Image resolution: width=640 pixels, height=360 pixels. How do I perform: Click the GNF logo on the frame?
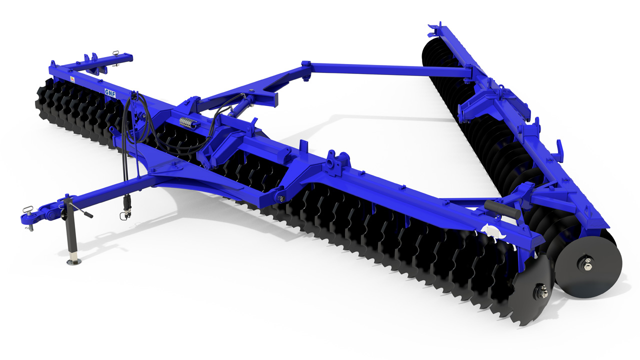110,91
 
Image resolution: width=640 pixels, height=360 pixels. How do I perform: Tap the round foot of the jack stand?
73,261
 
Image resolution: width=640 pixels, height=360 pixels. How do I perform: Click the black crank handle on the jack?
88,215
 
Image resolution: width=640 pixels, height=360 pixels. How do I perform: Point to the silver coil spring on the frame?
188,123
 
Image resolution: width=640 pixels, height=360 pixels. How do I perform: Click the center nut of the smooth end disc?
586,264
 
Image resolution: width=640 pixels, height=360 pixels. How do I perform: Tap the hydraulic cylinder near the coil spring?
239,107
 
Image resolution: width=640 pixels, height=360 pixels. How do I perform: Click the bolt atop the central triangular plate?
252,90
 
